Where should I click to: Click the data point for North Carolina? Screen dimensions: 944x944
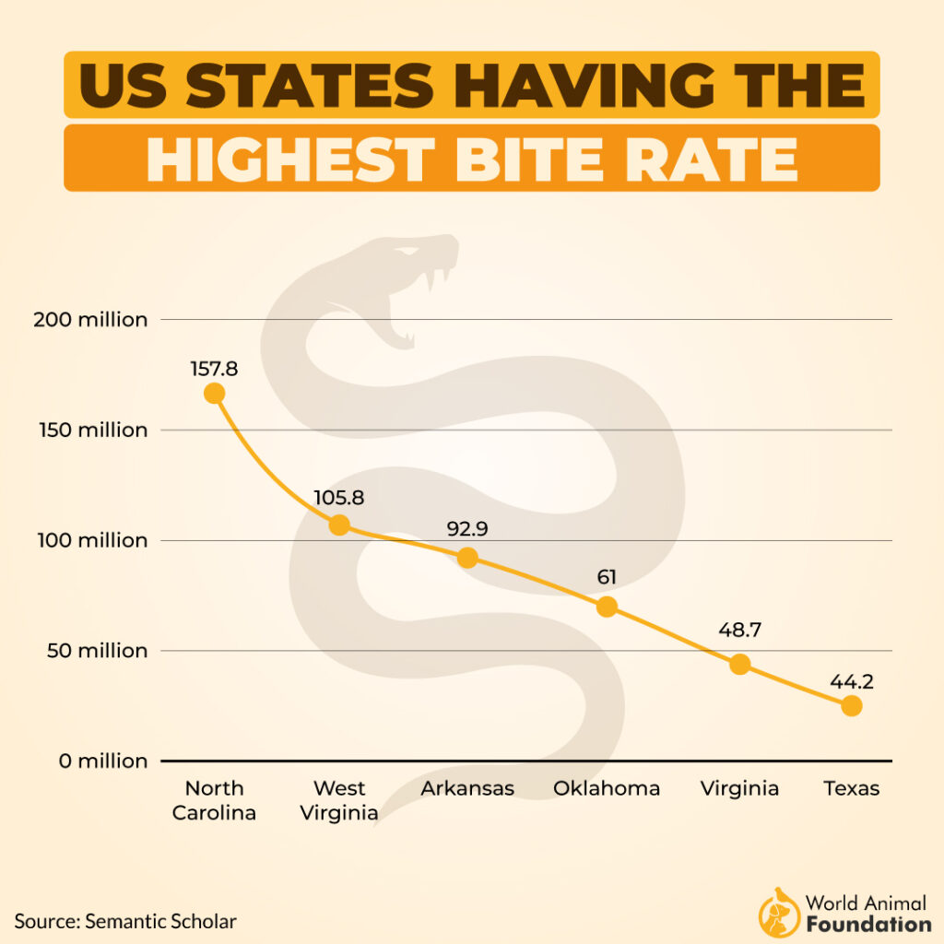214,394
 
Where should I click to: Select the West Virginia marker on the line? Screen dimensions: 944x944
339,525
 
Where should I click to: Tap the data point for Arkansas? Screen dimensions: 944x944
467,558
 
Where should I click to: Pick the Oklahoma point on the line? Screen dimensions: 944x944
606,607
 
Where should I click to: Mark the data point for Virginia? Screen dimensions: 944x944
739,664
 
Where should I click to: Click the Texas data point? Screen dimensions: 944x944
851,706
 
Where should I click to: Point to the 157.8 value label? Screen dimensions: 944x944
214,369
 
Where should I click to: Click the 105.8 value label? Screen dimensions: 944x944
339,498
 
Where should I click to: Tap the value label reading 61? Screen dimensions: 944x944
606,578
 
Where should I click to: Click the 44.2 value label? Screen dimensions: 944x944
851,682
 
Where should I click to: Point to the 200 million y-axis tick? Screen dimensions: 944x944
90,320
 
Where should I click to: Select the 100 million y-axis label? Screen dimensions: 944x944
90,540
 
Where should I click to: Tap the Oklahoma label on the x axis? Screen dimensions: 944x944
606,788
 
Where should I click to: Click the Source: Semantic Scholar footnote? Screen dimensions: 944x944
125,921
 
